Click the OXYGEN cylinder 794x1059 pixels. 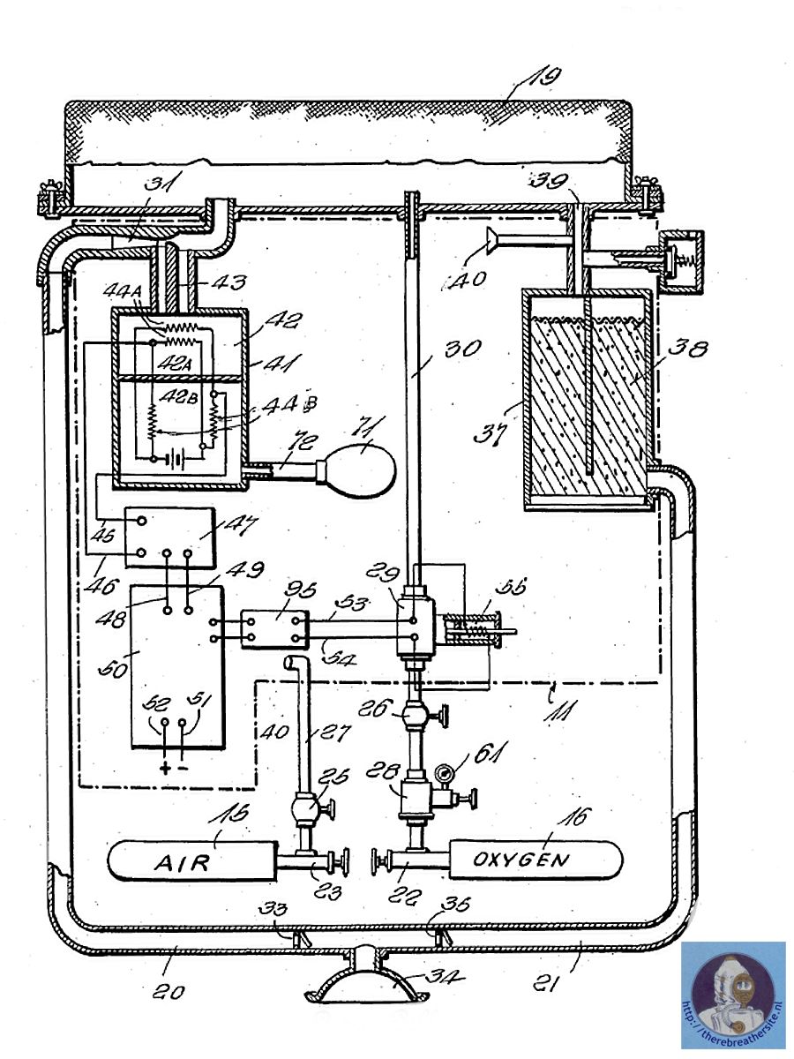coord(534,859)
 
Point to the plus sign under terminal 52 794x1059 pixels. coord(165,766)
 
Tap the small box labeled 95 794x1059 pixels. coord(273,628)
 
